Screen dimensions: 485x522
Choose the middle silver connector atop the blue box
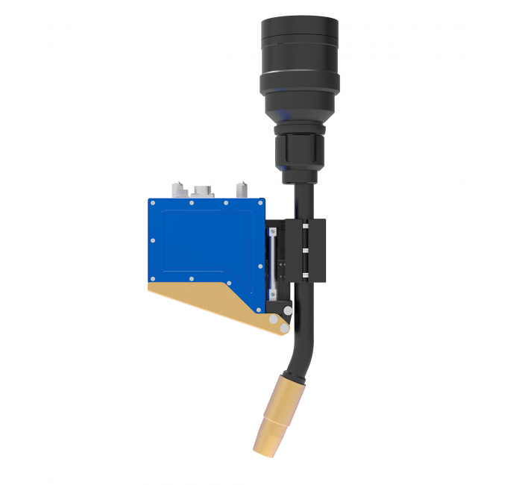coord(202,190)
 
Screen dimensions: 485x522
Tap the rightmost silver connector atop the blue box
coord(242,190)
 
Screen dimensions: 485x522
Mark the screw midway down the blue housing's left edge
coord(152,241)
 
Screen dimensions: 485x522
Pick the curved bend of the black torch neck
coord(302,344)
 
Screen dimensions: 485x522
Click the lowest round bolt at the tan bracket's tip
coord(284,328)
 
